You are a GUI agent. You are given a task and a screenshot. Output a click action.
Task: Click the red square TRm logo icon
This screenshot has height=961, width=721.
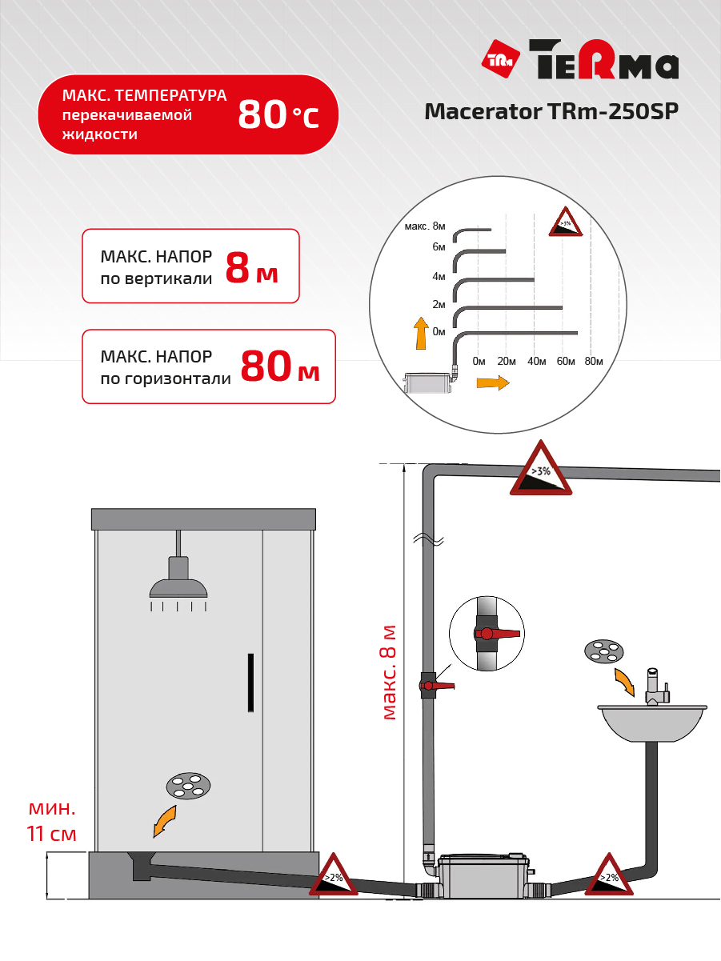pyautogui.click(x=500, y=58)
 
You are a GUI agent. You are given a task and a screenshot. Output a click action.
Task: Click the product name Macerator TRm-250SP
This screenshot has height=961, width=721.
pyautogui.click(x=551, y=112)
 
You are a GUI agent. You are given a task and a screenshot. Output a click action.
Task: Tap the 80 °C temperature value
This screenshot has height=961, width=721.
pyautogui.click(x=278, y=114)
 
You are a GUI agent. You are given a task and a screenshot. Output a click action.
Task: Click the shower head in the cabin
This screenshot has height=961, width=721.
pyautogui.click(x=178, y=577)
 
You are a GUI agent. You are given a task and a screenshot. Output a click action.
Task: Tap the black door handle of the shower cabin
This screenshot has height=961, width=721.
pyautogui.click(x=250, y=683)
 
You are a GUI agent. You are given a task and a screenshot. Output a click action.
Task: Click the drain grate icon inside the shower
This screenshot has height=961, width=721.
pyautogui.click(x=188, y=786)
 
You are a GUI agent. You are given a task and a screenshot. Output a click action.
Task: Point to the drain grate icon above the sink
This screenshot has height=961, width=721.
pyautogui.click(x=604, y=651)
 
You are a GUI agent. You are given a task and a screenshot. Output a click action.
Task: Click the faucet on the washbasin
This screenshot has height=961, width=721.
pyautogui.click(x=655, y=687)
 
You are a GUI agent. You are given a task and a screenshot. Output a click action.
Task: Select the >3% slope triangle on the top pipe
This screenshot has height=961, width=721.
pyautogui.click(x=541, y=468)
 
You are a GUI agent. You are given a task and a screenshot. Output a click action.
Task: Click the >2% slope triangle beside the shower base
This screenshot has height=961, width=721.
pyautogui.click(x=334, y=875)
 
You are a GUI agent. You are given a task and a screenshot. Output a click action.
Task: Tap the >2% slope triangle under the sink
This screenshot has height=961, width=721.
pyautogui.click(x=609, y=875)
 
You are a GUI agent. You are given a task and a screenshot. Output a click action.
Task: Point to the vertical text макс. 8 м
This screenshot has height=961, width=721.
pyautogui.click(x=389, y=672)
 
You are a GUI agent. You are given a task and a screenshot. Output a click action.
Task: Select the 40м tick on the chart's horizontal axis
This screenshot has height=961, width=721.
pyautogui.click(x=536, y=362)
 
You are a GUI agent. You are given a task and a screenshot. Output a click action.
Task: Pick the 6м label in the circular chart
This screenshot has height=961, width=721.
pyautogui.click(x=439, y=247)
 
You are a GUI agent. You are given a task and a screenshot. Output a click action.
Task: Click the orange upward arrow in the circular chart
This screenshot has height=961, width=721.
pyautogui.click(x=421, y=333)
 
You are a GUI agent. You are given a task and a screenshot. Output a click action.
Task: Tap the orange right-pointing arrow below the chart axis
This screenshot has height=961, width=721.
pyautogui.click(x=493, y=382)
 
